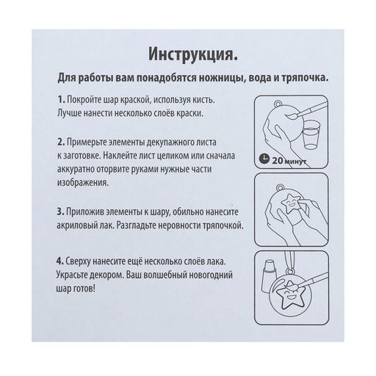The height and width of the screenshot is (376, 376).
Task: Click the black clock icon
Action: point(264,160)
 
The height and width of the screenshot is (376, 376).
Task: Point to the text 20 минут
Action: point(287,160)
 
